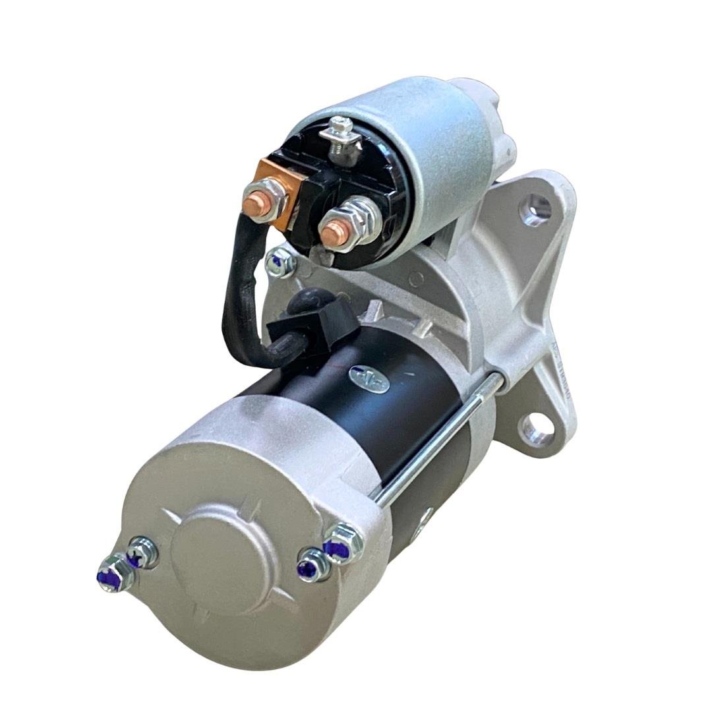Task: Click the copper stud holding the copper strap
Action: pos(254,204)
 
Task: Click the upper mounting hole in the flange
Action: pos(535,210)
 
